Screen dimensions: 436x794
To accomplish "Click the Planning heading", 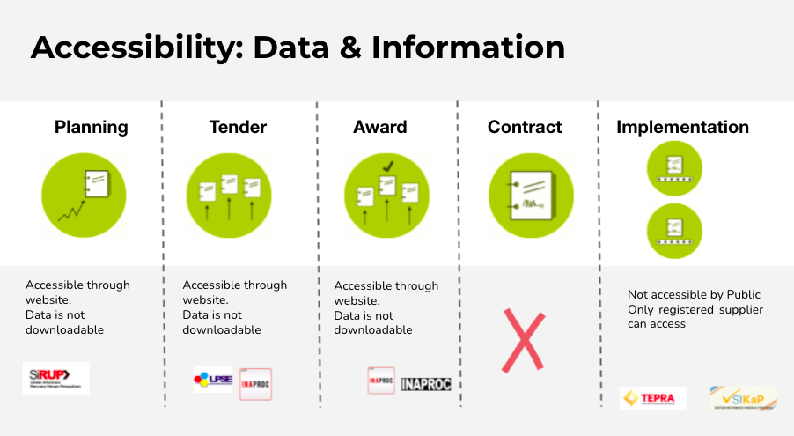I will click(91, 127).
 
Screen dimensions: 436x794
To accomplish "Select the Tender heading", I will click(238, 127).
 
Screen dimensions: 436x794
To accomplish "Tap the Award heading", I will click(379, 127).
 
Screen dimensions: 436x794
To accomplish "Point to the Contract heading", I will click(525, 127).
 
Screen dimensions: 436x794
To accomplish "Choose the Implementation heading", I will click(682, 127).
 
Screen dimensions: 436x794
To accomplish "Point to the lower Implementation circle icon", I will click(675, 231).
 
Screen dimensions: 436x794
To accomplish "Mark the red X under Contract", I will click(523, 339).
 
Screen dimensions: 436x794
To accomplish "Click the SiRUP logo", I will click(55, 378).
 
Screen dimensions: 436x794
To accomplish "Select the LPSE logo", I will click(213, 380).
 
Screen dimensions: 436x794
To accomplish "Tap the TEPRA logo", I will click(652, 398).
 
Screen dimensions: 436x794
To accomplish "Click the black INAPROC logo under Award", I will click(426, 384).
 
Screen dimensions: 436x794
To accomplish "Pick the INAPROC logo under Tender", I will click(255, 384).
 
